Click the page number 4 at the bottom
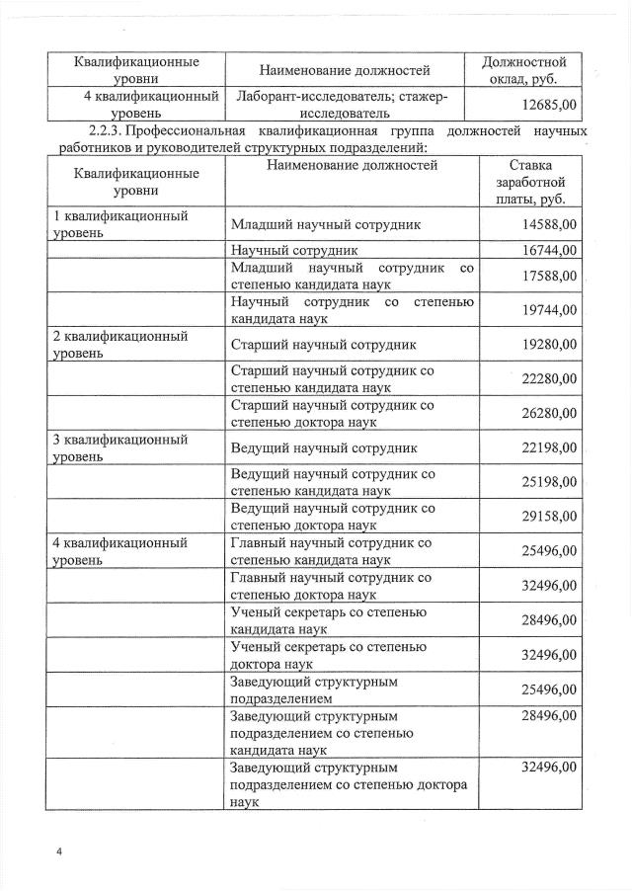coord(59,850)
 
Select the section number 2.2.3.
coord(111,131)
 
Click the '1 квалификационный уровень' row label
coord(119,224)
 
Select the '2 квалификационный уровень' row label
coord(119,345)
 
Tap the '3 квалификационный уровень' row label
coord(119,447)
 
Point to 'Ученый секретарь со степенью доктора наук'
coord(328,654)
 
